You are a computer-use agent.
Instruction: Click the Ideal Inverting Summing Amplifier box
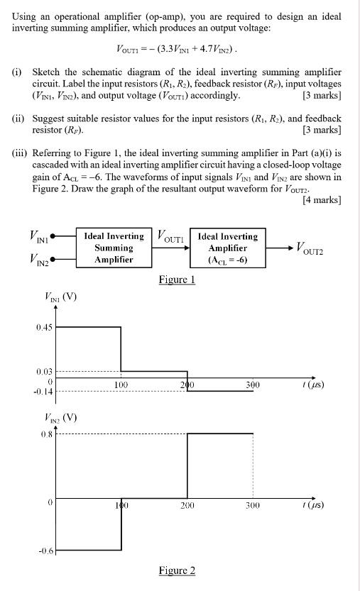point(114,248)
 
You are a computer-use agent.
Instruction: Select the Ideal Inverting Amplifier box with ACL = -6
point(228,248)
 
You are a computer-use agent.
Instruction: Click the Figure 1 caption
point(178,280)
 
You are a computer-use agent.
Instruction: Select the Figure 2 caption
point(178,570)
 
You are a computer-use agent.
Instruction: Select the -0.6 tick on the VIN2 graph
point(45,550)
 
